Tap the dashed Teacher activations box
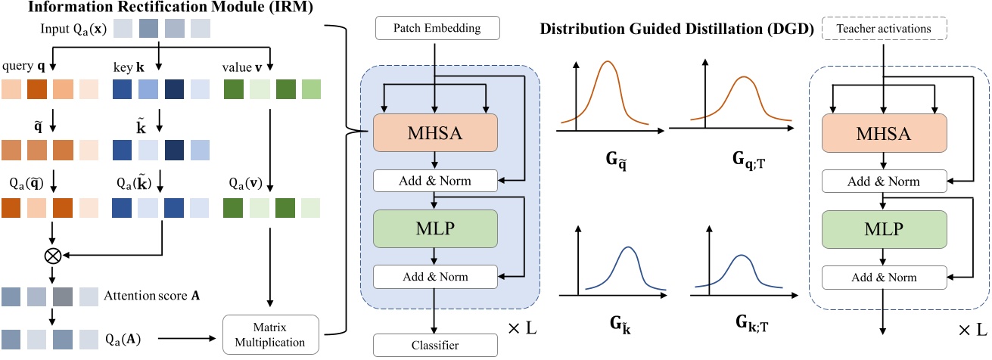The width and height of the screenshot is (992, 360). tap(882, 29)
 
